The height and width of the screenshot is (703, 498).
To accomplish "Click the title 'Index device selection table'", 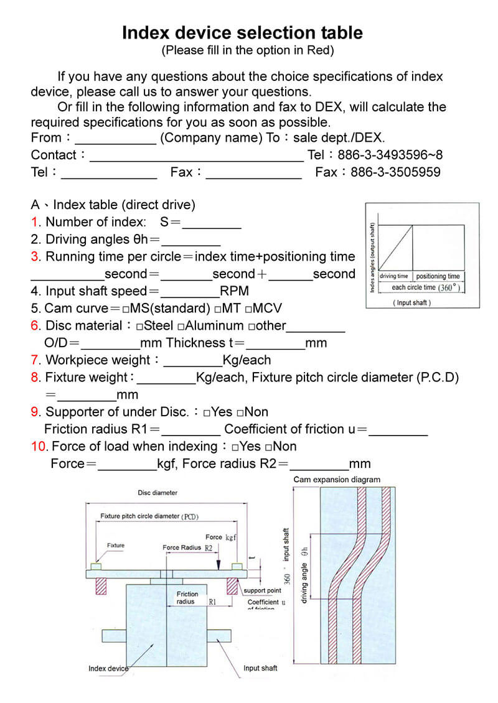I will click(242, 32).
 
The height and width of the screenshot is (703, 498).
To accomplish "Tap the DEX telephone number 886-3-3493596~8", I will click(390, 155).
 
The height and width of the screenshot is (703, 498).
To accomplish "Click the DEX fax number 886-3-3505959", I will click(395, 172).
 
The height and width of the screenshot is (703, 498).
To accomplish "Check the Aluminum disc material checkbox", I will click(181, 326).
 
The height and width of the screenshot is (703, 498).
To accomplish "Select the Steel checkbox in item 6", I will click(139, 326).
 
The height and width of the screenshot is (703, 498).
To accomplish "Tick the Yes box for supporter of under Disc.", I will click(207, 412).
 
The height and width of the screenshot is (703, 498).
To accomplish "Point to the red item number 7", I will click(35, 360).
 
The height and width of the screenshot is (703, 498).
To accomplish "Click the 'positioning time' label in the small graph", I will click(438, 276).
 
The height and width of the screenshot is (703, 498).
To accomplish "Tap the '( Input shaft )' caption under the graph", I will click(411, 303).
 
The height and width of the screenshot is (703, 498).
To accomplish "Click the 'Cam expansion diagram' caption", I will click(336, 480).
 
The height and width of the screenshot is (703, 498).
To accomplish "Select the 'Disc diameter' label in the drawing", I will click(157, 493).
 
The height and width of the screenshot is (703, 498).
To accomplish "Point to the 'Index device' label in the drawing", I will click(108, 669).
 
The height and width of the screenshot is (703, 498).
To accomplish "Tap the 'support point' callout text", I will click(262, 590).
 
